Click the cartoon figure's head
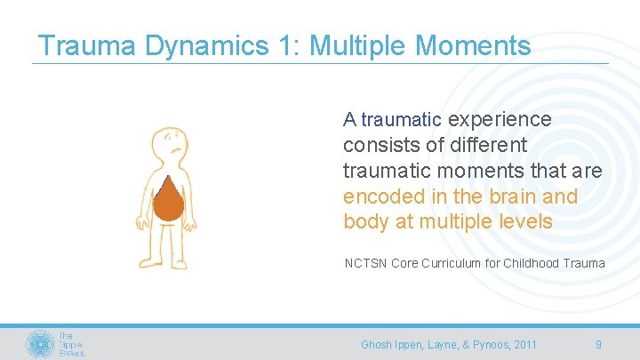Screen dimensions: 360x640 (171, 145)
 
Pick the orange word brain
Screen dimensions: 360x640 (510, 196)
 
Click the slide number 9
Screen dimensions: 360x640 (598, 344)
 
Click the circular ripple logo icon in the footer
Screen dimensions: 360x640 (40, 344)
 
